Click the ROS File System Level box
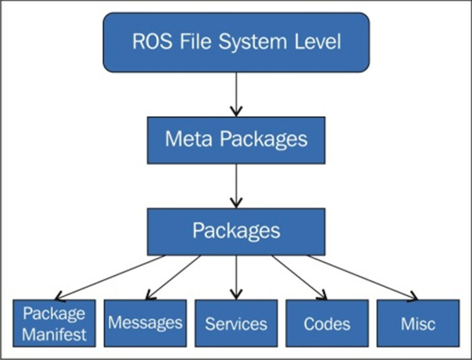click(236, 42)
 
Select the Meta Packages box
click(236, 140)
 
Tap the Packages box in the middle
click(236, 231)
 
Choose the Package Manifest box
click(54, 323)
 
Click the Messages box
click(145, 323)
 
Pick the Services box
click(236, 323)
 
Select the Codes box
click(327, 323)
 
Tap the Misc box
click(418, 323)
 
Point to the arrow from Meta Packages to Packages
click(236, 185)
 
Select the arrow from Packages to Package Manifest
click(112, 277)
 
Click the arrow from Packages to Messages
click(174, 277)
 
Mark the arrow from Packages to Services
click(236, 277)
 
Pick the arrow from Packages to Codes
click(298, 277)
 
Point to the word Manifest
click(54, 335)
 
